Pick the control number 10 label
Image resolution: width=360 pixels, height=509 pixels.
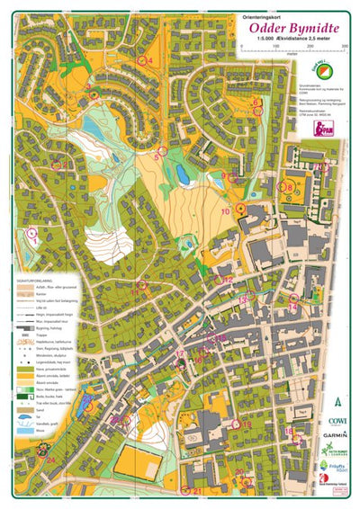(x=226, y=211)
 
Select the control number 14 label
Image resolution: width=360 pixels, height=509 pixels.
(x=293, y=307)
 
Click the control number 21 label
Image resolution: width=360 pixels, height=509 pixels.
(x=196, y=491)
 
